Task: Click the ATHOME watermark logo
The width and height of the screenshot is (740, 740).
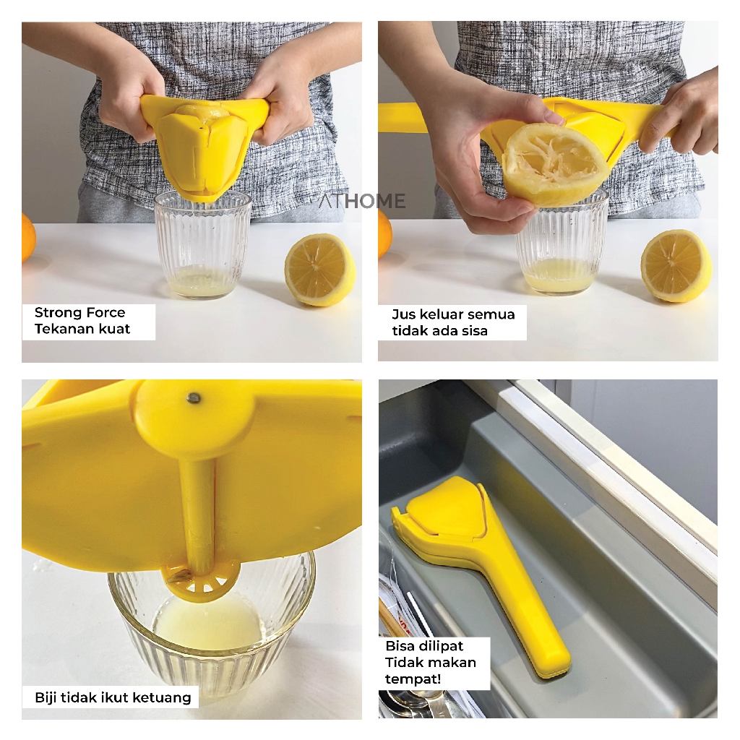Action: tap(362, 201)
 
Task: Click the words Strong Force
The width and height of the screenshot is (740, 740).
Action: tap(79, 312)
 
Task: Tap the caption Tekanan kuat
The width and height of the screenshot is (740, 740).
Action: tap(82, 329)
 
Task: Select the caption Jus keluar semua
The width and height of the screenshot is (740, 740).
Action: tap(453, 314)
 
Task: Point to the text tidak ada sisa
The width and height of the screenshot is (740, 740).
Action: tap(439, 331)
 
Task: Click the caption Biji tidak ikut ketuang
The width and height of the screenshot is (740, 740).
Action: tap(113, 697)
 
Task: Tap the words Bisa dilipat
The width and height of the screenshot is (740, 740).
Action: tap(424, 646)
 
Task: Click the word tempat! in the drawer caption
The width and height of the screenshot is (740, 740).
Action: tap(413, 679)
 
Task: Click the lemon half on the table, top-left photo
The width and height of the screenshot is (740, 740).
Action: tap(319, 270)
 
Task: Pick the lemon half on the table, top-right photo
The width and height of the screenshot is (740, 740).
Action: tap(676, 266)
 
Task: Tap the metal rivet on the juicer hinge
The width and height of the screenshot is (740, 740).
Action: tap(194, 398)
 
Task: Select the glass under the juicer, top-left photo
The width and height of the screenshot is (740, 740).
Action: tap(203, 246)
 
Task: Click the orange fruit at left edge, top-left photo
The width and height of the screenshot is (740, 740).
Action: tap(29, 237)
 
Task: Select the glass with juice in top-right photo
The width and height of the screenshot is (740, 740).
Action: tap(562, 246)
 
